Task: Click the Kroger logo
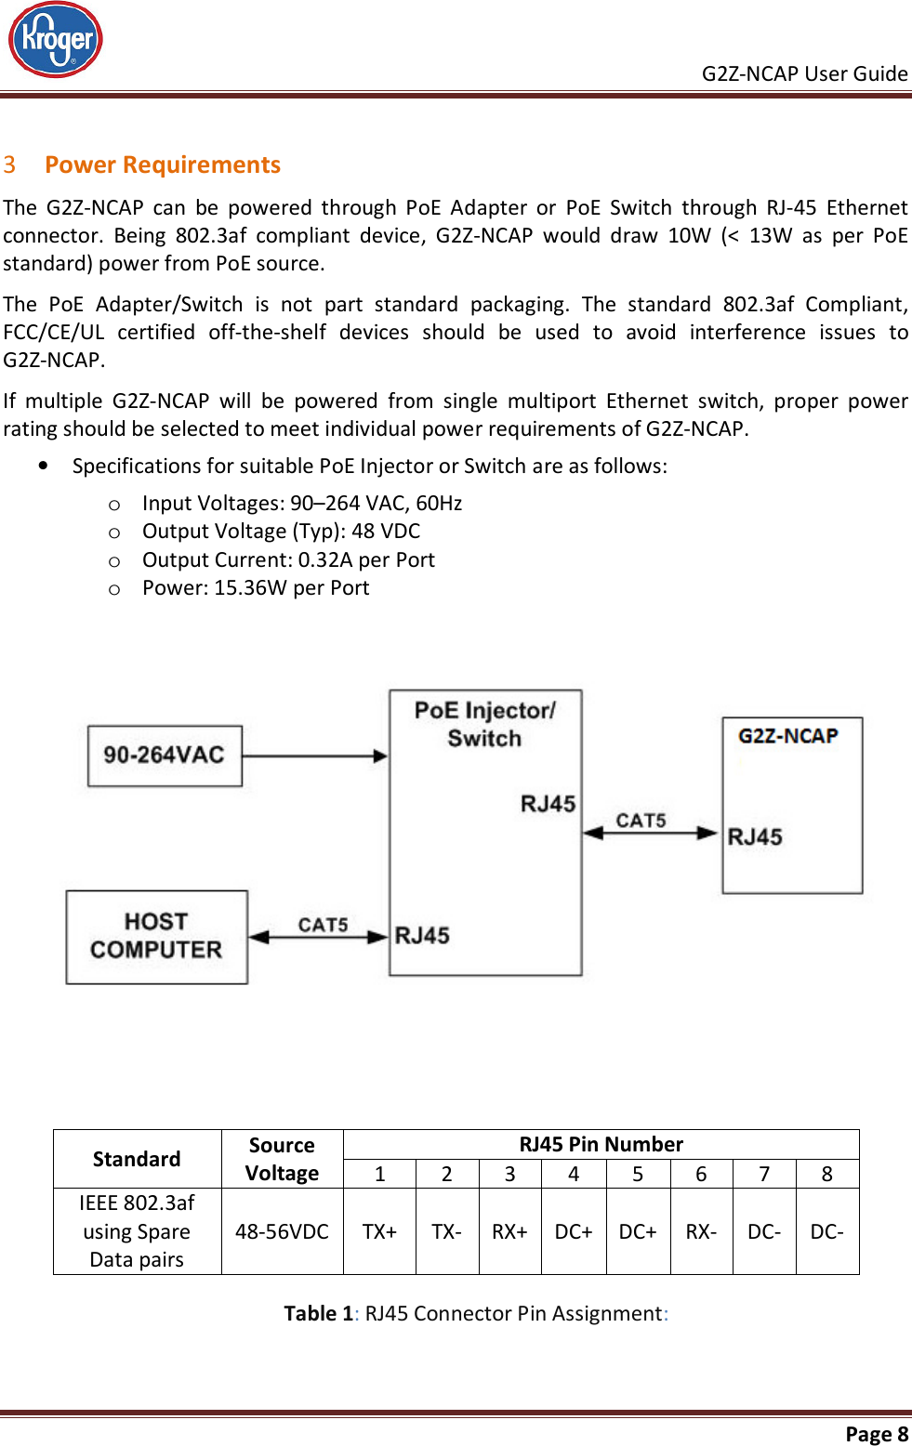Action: click(x=56, y=40)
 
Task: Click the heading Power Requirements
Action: click(x=162, y=164)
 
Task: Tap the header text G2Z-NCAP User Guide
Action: click(x=804, y=73)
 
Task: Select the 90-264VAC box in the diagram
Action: click(x=165, y=755)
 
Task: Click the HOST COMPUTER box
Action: click(x=156, y=936)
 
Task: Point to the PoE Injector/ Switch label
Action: click(x=484, y=724)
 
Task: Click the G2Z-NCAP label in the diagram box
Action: click(x=788, y=736)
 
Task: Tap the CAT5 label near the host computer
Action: click(x=323, y=925)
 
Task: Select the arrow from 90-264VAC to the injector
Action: click(x=314, y=756)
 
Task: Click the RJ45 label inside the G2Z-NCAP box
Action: click(x=755, y=836)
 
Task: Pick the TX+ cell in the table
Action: click(x=379, y=1231)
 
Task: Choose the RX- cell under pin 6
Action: click(x=701, y=1231)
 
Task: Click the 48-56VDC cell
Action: click(x=282, y=1231)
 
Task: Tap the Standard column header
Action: click(x=137, y=1159)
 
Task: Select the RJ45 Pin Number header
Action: click(x=601, y=1144)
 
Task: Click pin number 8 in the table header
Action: click(x=826, y=1174)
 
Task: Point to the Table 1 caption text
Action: click(x=476, y=1313)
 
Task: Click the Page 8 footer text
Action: click(x=876, y=1433)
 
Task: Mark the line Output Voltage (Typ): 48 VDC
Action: click(x=281, y=532)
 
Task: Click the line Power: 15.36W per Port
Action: click(x=256, y=588)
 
